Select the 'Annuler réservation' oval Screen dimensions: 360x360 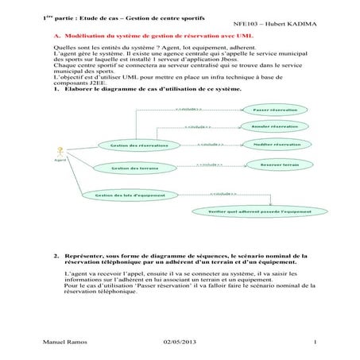274,127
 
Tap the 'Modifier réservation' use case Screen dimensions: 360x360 275,145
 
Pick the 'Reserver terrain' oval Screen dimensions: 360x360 273,165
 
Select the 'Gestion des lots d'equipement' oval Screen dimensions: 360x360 130,195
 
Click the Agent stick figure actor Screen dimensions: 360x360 58,150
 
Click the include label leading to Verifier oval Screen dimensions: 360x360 223,193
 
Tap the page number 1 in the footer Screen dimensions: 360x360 315,343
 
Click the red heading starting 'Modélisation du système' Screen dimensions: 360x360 151,37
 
